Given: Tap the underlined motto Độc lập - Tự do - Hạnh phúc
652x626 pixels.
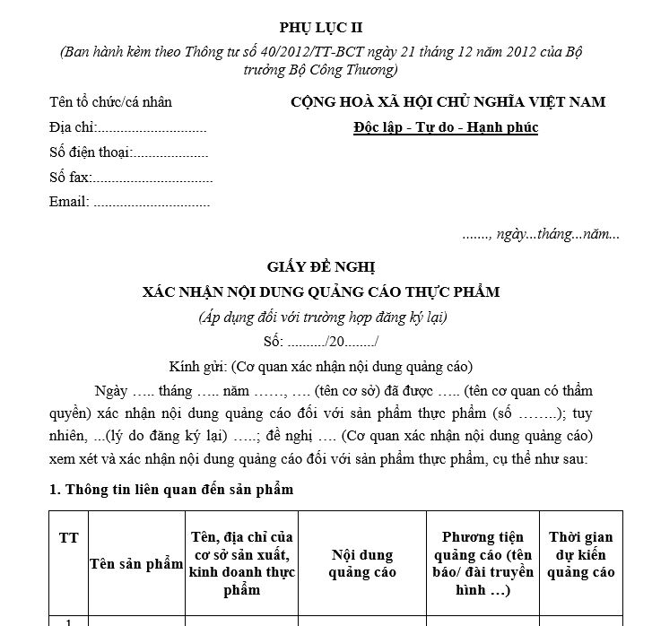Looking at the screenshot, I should click(446, 127).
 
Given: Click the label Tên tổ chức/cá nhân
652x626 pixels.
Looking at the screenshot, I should click(110, 102).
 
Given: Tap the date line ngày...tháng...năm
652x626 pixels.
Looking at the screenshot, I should click(540, 234).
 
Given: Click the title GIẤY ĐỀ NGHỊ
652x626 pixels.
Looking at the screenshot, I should click(321, 267).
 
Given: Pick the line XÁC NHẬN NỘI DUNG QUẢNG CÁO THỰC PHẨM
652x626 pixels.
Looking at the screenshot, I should click(321, 291).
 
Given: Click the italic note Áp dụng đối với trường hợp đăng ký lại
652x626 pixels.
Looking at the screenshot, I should click(322, 317).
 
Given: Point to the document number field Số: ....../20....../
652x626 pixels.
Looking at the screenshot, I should click(321, 341).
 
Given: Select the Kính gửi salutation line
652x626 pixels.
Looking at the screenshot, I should click(321, 366).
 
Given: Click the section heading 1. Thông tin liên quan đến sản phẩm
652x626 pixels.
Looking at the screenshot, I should click(170, 490).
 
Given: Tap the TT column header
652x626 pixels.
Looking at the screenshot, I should click(68, 538).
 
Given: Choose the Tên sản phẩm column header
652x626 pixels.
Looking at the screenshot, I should click(135, 563).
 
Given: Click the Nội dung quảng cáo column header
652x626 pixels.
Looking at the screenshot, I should click(362, 563).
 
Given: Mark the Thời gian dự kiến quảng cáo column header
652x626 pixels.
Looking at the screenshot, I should click(581, 554).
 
